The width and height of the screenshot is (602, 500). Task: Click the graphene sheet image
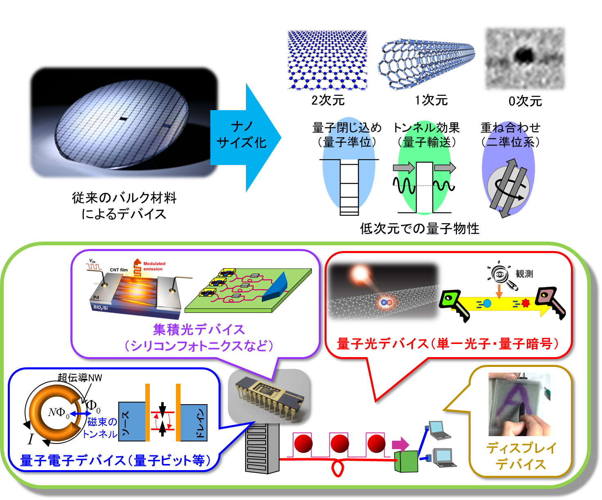click(x=327, y=60)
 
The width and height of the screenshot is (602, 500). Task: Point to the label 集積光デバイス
click(x=199, y=330)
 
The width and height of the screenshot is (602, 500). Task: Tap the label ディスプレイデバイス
click(x=521, y=456)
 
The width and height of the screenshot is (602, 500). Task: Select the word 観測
click(x=524, y=274)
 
